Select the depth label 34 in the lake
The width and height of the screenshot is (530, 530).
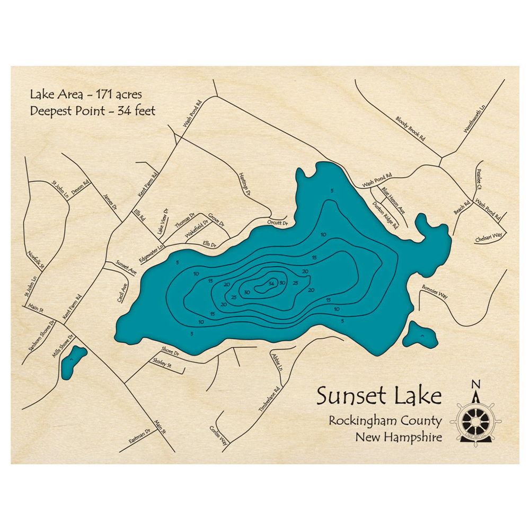(x=272, y=282)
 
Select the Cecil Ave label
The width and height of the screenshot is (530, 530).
(x=122, y=292)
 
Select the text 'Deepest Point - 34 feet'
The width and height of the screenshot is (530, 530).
(x=92, y=111)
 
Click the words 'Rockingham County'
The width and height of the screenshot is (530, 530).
(x=385, y=421)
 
